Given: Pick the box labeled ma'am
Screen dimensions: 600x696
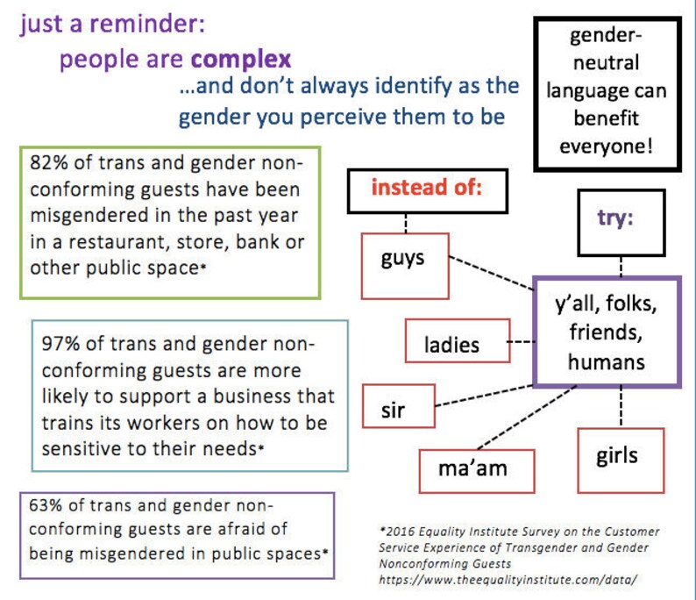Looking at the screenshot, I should pos(474,469).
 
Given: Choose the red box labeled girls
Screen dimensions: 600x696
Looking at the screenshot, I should pos(620,456).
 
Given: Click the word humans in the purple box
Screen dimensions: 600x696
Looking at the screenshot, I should pos(605,361).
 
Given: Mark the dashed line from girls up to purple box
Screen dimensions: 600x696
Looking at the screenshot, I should pos(621,408).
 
